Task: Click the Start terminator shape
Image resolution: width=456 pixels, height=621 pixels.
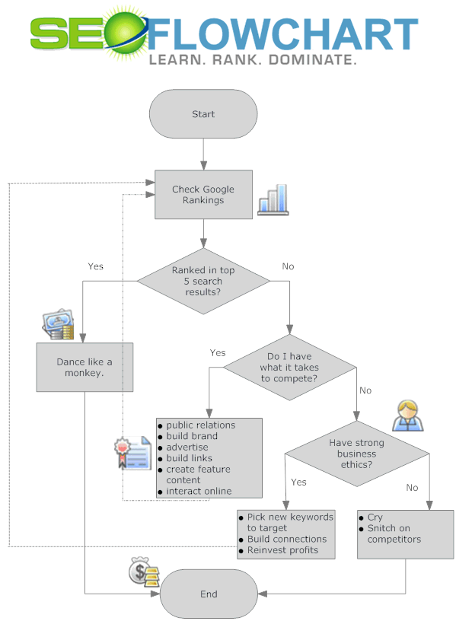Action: (x=203, y=114)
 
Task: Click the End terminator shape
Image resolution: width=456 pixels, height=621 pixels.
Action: (x=209, y=594)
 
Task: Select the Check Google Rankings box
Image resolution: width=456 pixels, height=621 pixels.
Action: (x=203, y=195)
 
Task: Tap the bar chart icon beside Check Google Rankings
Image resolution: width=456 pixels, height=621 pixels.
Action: (x=273, y=199)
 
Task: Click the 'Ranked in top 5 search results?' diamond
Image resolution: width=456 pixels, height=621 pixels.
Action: (x=203, y=281)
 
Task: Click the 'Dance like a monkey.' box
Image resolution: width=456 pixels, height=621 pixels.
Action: (x=85, y=368)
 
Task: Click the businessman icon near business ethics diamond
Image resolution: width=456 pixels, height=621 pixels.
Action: (x=406, y=415)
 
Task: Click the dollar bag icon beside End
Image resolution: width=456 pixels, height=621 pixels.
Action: (x=142, y=573)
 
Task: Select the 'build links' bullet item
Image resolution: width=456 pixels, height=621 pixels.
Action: (x=189, y=458)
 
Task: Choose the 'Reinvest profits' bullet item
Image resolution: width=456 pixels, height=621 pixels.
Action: (x=282, y=549)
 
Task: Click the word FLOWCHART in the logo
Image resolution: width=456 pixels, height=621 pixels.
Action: (x=282, y=34)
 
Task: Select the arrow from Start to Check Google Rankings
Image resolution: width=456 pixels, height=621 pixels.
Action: (x=203, y=154)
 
